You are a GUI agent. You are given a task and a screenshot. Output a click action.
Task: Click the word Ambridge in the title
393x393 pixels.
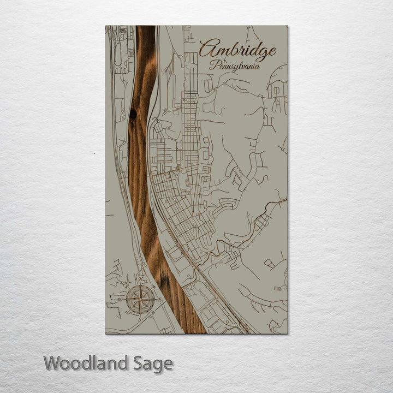pos(237,51)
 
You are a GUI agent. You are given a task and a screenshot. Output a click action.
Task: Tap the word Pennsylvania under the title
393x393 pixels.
pos(234,65)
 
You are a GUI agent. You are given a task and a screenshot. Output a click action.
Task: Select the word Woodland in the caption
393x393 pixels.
pos(87,363)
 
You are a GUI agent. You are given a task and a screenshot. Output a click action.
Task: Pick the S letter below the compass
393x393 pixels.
pos(140,318)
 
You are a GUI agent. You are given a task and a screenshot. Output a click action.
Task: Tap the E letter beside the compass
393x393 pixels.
pos(159,300)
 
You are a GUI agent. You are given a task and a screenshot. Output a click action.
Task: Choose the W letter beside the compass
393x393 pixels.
pos(120,300)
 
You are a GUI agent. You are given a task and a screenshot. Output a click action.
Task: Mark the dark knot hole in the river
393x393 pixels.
pos(133,114)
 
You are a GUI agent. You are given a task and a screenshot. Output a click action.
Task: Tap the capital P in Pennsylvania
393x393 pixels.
pos(213,64)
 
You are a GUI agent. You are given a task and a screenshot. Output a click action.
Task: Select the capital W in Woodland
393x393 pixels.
pos(52,363)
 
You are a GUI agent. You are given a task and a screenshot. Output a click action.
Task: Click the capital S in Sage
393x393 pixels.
pos(139,363)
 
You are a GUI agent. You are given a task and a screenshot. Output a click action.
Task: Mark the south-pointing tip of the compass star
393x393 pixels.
pos(140,313)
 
